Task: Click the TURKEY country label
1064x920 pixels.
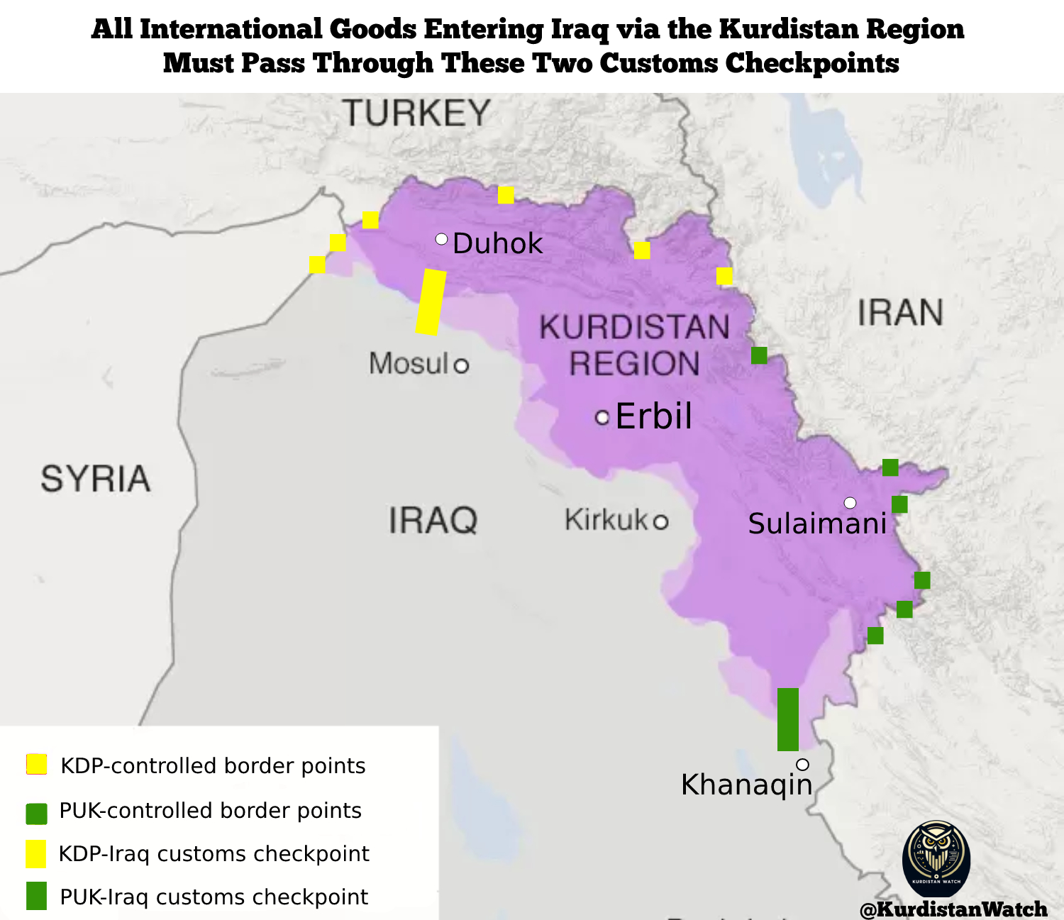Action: [416, 113]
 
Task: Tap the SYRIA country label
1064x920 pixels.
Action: [95, 479]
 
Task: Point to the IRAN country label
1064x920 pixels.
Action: [900, 313]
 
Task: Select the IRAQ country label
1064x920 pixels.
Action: [433, 521]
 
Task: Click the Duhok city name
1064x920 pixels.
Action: [497, 244]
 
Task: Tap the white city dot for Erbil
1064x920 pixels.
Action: [602, 418]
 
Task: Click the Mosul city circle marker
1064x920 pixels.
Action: [461, 365]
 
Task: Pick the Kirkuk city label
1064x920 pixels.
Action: [606, 520]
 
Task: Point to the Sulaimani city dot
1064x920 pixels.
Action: [850, 503]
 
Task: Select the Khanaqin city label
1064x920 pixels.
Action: [746, 785]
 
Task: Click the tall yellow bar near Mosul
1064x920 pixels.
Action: [431, 301]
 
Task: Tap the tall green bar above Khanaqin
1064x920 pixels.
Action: [787, 719]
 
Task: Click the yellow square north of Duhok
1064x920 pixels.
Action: [506, 195]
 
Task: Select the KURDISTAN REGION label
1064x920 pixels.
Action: [634, 345]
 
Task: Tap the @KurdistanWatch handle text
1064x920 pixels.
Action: [953, 909]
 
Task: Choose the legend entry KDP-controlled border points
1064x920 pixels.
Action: [213, 766]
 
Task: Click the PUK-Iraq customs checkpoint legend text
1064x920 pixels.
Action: [214, 897]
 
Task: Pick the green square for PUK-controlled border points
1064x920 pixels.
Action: [36, 814]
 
